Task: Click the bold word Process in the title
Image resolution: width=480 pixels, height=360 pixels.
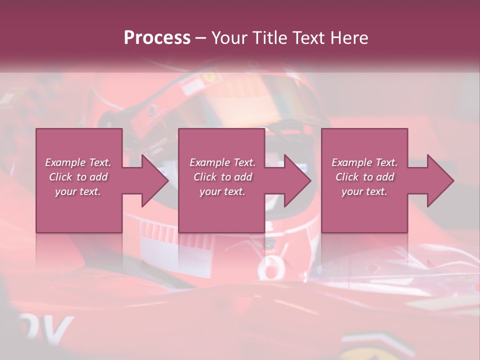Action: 157,38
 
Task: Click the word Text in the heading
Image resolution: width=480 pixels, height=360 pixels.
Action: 309,38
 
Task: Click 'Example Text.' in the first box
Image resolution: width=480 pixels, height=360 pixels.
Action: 78,162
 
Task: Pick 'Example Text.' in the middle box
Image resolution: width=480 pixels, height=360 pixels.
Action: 222,162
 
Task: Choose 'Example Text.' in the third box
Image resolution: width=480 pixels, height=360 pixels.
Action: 364,162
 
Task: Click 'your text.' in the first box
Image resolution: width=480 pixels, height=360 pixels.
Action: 78,191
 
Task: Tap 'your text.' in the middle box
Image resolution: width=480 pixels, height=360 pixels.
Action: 222,191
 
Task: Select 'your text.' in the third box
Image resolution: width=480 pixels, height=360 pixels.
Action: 364,191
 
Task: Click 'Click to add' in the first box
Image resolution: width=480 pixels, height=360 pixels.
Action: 78,177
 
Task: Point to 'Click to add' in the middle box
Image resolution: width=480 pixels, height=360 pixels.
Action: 222,177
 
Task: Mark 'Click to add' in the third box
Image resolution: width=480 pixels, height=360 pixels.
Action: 364,177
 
